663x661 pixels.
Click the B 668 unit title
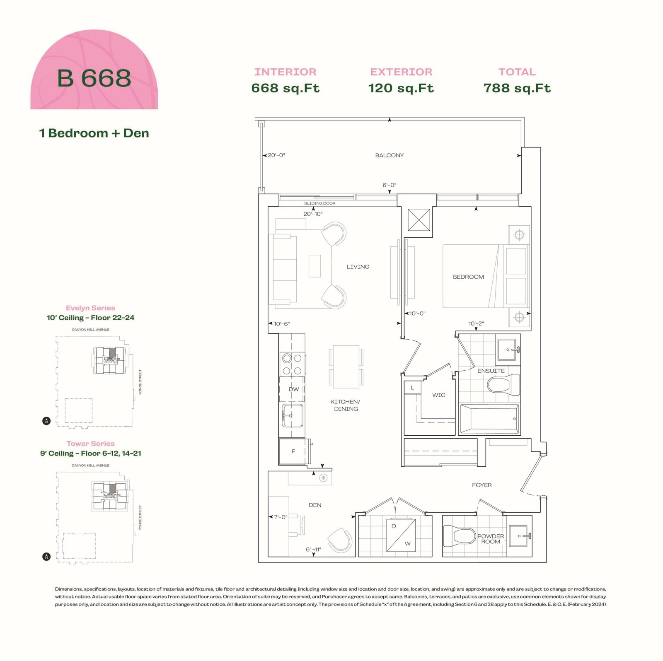click(x=94, y=78)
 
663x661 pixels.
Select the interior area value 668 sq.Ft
click(x=286, y=88)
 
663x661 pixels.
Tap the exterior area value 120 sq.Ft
click(x=401, y=88)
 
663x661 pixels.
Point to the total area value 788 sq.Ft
click(x=517, y=88)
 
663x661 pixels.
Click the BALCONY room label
click(x=390, y=155)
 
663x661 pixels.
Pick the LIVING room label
click(x=358, y=267)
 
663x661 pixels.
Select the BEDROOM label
click(x=468, y=277)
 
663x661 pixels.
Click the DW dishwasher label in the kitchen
click(x=293, y=389)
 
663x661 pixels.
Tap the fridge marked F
click(x=293, y=451)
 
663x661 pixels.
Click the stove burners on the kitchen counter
click(x=292, y=364)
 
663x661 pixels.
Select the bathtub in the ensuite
click(x=489, y=418)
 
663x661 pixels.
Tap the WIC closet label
click(x=439, y=395)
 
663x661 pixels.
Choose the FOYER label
click(x=482, y=485)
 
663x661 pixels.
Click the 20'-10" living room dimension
click(x=313, y=214)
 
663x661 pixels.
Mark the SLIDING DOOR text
click(x=320, y=203)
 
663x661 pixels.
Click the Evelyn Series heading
click(x=90, y=308)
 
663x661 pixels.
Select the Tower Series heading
click(x=90, y=444)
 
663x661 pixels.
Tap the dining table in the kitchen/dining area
click(x=346, y=367)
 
